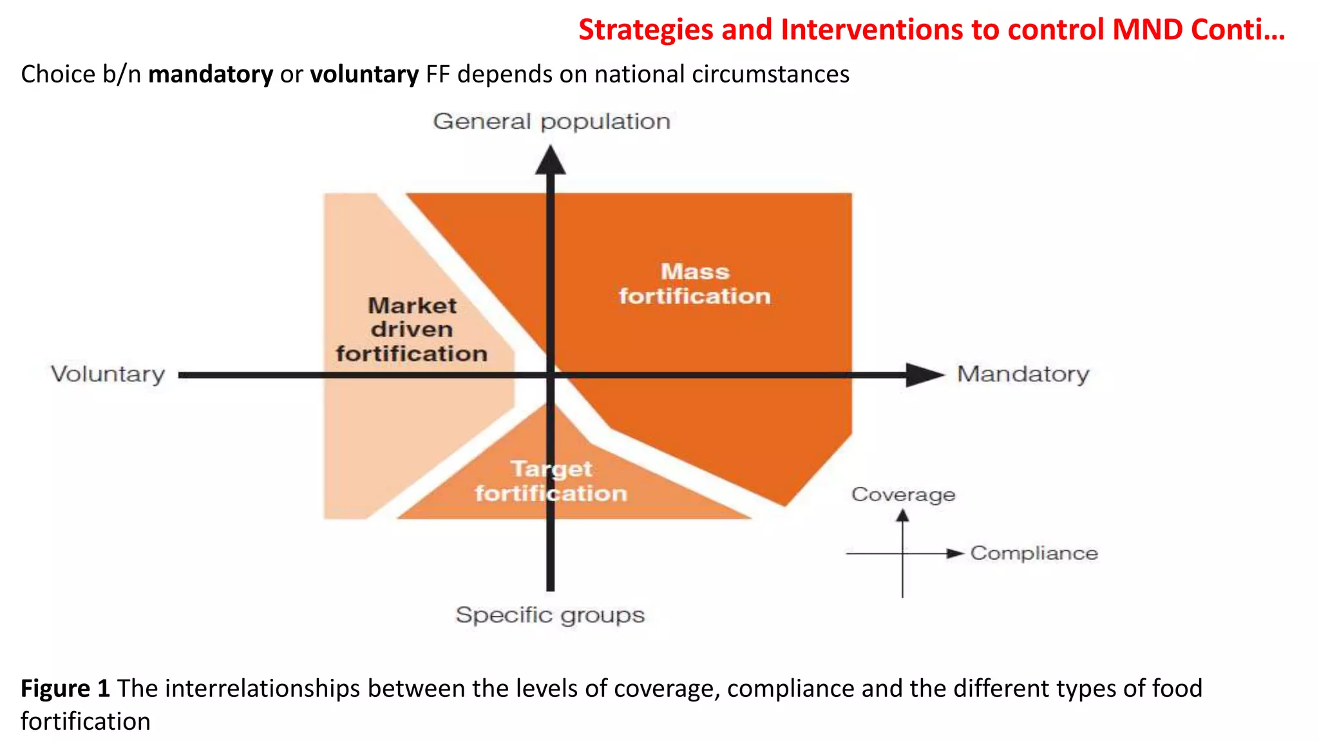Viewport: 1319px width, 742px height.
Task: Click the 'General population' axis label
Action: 551,122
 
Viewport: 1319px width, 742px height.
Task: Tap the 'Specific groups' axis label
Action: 550,615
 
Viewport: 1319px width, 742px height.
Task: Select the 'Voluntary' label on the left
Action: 108,374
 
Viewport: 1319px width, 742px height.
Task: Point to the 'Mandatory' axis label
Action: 1023,374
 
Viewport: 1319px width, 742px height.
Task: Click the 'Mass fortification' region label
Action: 695,284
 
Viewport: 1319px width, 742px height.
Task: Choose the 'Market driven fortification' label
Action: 412,330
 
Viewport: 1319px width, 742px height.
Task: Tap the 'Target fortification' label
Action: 551,481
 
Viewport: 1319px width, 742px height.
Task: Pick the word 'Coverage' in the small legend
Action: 903,495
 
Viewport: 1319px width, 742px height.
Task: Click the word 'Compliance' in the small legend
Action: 1034,553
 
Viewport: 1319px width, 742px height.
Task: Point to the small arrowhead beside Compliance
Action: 954,553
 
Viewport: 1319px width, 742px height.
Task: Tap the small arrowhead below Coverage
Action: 902,515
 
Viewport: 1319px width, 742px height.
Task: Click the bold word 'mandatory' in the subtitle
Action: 211,75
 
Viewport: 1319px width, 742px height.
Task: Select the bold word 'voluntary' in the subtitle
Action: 365,75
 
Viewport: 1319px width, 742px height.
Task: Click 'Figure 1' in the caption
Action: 65,689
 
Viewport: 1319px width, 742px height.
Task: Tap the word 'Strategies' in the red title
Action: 645,30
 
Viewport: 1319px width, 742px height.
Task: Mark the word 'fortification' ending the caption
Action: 86,721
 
